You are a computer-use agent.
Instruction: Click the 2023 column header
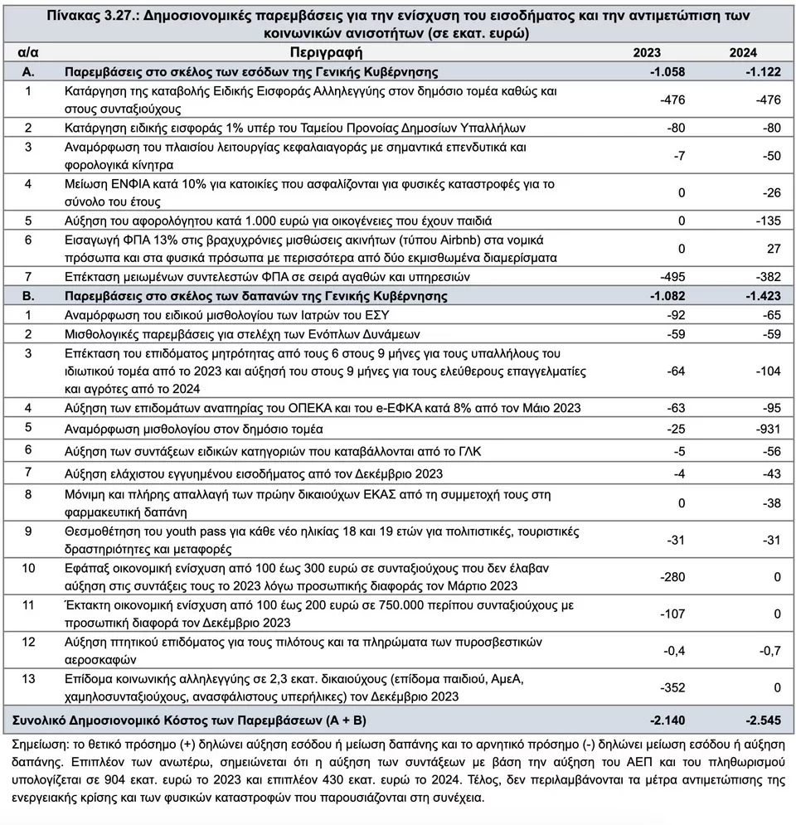tap(647, 53)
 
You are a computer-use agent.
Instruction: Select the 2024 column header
tap(743, 53)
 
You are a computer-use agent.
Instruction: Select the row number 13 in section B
tap(28, 679)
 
